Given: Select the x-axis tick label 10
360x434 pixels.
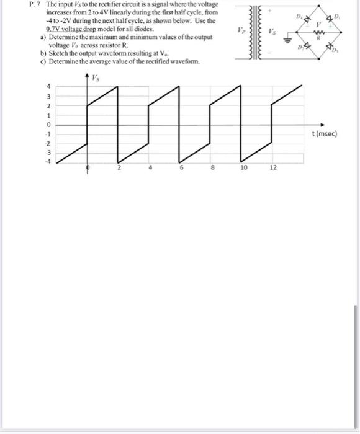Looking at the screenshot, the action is point(243,168).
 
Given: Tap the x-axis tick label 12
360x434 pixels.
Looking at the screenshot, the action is point(271,168).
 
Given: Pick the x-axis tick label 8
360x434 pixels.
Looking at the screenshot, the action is point(212,168).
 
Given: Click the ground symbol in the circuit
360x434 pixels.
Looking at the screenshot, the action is point(288,41).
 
